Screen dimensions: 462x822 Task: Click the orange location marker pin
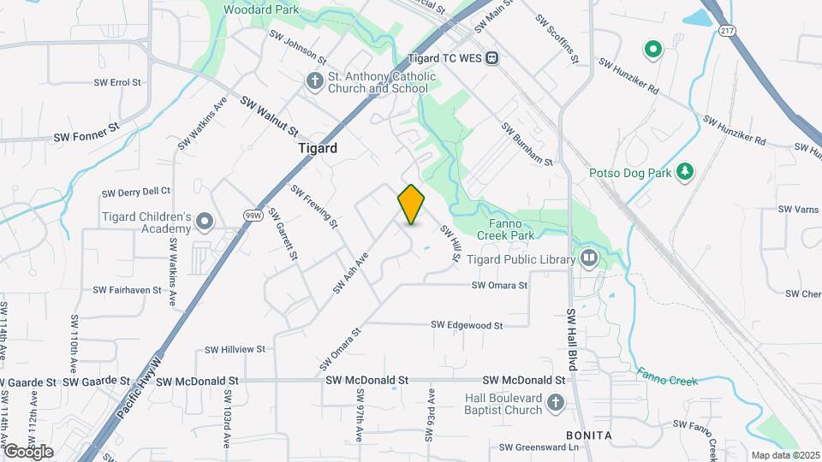pos(411,204)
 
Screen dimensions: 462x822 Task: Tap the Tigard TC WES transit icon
pos(491,57)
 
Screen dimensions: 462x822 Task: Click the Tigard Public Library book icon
pos(589,258)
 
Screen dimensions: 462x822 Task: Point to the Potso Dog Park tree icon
pos(684,172)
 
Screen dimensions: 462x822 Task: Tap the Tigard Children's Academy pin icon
pos(205,222)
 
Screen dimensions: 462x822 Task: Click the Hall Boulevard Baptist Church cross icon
pos(555,403)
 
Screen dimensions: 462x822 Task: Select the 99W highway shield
pos(252,216)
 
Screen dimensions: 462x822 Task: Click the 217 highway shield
pos(727,31)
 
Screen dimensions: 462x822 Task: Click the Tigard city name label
pos(317,148)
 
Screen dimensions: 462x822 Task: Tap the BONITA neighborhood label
pos(589,435)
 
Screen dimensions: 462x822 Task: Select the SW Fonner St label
pos(86,134)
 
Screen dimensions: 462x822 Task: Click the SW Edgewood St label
pos(467,325)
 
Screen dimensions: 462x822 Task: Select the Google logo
pos(28,451)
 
